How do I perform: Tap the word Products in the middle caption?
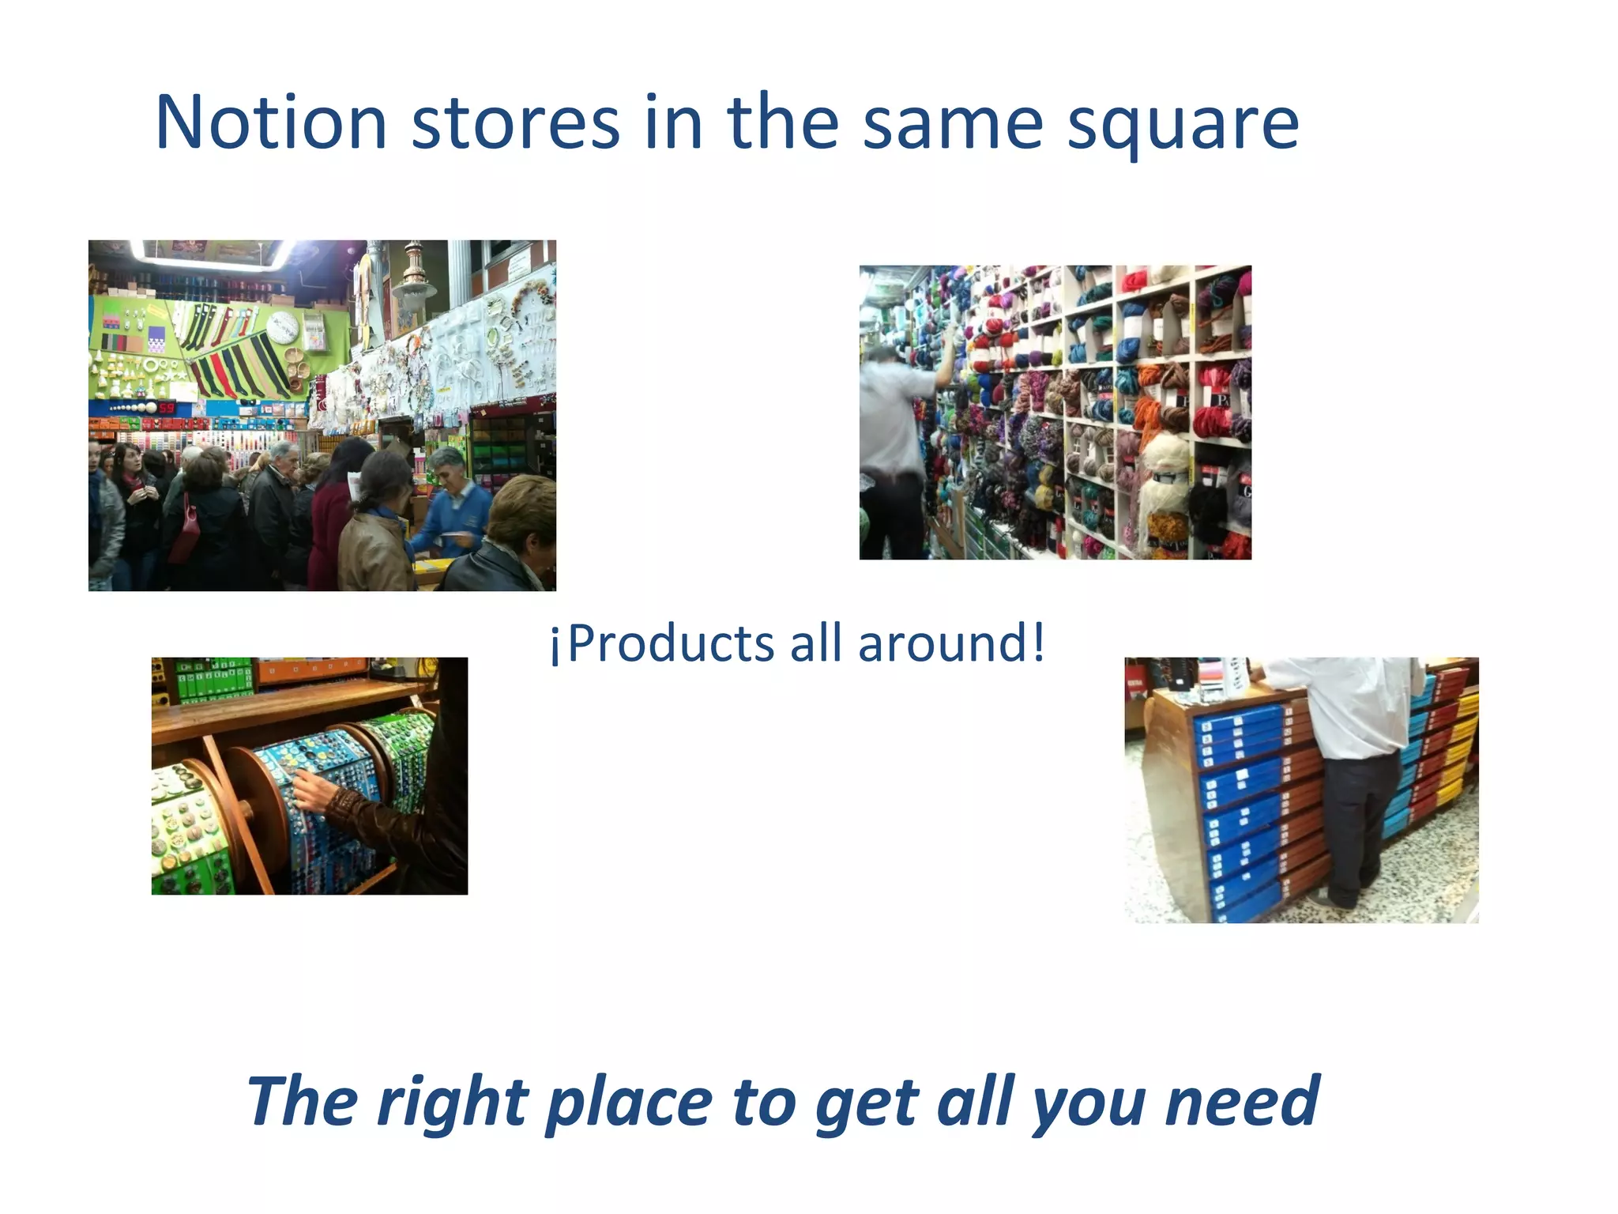671,643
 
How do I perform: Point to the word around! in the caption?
952,643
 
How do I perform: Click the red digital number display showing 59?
167,408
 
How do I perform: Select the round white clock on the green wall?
282,326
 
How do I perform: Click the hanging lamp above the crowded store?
415,281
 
